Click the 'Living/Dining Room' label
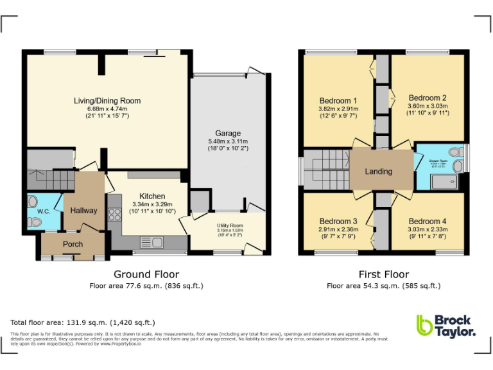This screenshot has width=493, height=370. [x=107, y=101]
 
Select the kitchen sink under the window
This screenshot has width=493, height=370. [x=156, y=242]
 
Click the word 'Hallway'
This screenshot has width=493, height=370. [x=83, y=211]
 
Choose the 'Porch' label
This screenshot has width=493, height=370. [x=73, y=244]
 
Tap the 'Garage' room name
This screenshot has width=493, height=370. [x=228, y=134]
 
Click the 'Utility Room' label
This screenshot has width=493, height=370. [x=230, y=225]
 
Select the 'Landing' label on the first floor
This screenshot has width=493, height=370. [x=378, y=172]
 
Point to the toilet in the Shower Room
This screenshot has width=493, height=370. [x=456, y=152]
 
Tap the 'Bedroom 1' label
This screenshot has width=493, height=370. [x=338, y=101]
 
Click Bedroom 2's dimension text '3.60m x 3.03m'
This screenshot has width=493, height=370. [x=428, y=106]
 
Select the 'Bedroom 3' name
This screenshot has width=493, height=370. [x=338, y=221]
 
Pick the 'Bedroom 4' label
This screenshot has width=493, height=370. [x=428, y=221]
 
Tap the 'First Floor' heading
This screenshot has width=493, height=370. [x=383, y=274]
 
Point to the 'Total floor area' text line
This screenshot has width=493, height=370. [x=83, y=322]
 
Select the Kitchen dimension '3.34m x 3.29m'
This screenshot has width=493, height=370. [x=153, y=204]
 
